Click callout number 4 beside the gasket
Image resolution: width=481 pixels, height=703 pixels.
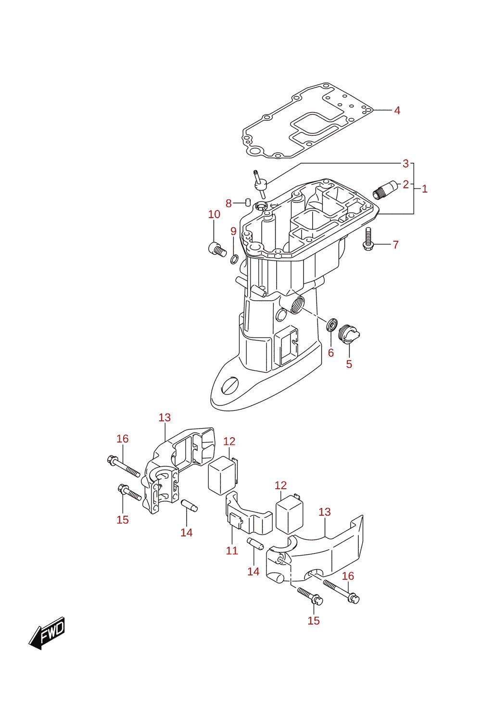pyautogui.click(x=397, y=110)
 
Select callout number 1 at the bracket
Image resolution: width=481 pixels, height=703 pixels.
pyautogui.click(x=425, y=189)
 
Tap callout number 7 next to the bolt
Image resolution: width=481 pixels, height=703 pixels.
pyautogui.click(x=396, y=245)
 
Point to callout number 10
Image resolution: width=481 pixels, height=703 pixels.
pyautogui.click(x=214, y=214)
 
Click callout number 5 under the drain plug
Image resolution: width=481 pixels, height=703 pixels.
pyautogui.click(x=349, y=364)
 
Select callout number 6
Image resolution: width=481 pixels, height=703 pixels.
pyautogui.click(x=331, y=353)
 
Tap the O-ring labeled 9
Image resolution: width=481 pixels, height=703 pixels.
pyautogui.click(x=234, y=260)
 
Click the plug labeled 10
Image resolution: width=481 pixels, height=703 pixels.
pyautogui.click(x=217, y=250)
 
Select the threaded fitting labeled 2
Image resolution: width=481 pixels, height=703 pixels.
pyautogui.click(x=385, y=190)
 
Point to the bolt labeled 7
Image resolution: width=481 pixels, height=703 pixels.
pyautogui.click(x=368, y=239)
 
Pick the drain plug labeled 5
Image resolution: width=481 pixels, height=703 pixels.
pyautogui.click(x=349, y=335)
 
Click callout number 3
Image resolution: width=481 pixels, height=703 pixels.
pyautogui.click(x=406, y=164)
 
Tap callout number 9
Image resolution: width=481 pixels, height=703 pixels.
pyautogui.click(x=233, y=231)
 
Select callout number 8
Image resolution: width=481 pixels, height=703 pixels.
pyautogui.click(x=228, y=204)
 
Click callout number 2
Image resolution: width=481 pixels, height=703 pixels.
pyautogui.click(x=406, y=184)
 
